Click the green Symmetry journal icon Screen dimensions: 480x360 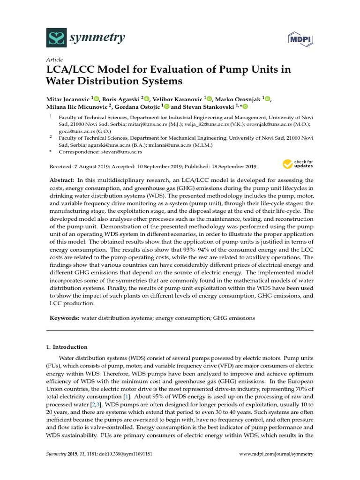57,37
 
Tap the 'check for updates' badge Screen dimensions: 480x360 298,164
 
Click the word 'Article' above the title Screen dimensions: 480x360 55,60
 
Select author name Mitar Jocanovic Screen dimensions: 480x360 69,98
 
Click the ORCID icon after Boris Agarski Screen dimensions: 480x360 147,98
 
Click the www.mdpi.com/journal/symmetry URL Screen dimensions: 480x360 276,454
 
